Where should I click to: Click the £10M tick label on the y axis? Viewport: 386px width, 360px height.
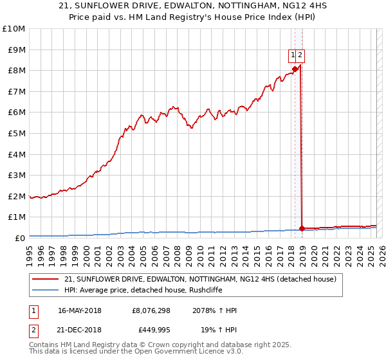coord(14,29)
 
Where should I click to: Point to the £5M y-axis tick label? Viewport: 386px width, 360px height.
coord(16,133)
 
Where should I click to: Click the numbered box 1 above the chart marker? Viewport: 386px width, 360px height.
coord(293,55)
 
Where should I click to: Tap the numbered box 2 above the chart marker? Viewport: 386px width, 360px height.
coord(300,55)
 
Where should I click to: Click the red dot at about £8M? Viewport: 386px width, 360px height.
coord(295,69)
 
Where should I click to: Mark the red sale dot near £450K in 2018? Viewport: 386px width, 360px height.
coord(302,228)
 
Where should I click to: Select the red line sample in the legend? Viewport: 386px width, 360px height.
coord(45,279)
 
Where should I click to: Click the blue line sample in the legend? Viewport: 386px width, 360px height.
coord(45,290)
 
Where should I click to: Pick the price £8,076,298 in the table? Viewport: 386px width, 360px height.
coord(151,310)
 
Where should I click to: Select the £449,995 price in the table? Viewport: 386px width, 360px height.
coord(151,330)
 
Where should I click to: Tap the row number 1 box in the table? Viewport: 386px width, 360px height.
coord(33,310)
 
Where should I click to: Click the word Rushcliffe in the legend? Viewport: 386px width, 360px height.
coord(191,290)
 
